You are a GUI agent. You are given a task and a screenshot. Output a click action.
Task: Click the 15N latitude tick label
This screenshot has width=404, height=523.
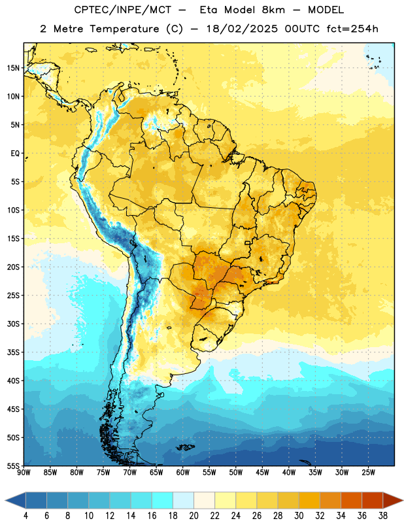13,68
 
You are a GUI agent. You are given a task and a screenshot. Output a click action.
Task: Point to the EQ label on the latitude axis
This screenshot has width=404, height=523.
15,154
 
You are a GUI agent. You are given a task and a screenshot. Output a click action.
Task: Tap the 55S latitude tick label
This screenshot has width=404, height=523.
13,465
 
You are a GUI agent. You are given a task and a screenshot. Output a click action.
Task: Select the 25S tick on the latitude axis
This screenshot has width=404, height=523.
13,295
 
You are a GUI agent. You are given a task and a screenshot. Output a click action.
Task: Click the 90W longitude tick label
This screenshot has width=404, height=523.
24,473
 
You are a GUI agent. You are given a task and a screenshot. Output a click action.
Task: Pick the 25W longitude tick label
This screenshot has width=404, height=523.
368,473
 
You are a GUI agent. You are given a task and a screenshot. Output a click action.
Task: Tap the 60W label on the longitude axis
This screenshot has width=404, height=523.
183,473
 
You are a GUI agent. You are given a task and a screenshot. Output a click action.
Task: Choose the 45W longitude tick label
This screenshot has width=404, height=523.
262,473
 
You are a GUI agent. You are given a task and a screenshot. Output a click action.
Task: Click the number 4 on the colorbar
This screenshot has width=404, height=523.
25,516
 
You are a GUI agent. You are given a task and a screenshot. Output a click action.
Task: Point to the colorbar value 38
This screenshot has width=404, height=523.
383,516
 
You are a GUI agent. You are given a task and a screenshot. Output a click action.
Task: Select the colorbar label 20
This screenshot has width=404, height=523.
194,516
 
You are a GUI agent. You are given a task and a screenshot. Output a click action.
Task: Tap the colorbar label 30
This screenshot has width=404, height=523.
299,516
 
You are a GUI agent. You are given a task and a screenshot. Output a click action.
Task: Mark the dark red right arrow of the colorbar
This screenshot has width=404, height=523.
393,500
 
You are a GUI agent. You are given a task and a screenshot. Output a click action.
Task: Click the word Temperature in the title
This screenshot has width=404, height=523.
124,29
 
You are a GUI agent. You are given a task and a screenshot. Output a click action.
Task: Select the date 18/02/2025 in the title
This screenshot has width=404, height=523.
242,29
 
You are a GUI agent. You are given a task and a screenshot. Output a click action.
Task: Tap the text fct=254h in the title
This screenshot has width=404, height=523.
352,29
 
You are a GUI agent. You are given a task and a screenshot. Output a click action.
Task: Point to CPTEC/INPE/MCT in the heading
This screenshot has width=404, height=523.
122,10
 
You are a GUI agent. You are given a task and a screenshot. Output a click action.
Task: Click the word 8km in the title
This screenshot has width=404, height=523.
273,10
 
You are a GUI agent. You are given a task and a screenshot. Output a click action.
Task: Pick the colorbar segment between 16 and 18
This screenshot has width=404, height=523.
163,500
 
